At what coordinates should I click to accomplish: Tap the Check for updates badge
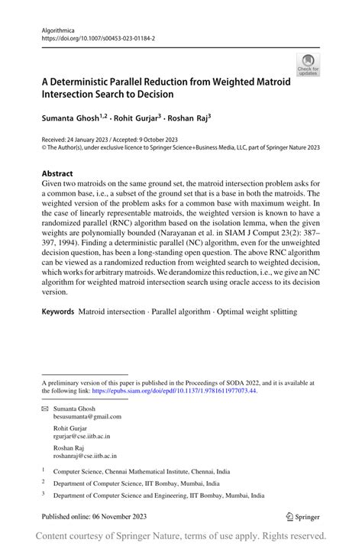tap(308, 64)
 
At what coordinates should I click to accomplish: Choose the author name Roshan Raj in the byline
tap(187, 119)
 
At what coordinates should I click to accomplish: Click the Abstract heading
tap(57, 173)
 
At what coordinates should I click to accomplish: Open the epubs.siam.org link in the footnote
tap(174, 390)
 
